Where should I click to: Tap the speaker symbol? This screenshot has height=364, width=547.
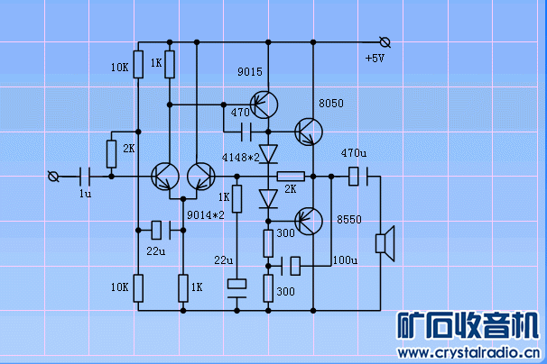click(x=385, y=244)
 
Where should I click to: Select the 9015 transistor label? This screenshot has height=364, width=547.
click(x=249, y=71)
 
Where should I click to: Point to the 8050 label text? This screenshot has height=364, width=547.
click(x=331, y=104)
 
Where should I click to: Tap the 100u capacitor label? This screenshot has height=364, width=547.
click(x=345, y=260)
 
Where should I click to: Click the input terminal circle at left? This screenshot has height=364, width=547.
click(x=51, y=176)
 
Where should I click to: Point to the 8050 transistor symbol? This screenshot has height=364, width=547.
click(x=309, y=132)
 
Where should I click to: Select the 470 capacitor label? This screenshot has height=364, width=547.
click(x=239, y=113)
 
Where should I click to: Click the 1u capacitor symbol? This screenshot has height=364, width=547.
click(x=86, y=176)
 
